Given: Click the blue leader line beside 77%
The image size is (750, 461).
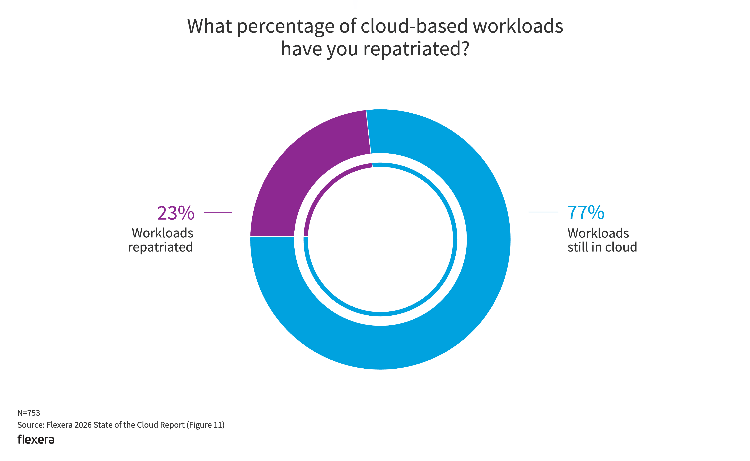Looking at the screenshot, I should (543, 212).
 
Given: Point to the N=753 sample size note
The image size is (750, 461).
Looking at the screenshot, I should (29, 413).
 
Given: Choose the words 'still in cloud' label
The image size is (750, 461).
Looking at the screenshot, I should (602, 247).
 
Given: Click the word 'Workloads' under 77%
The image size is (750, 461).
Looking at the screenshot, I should (598, 233).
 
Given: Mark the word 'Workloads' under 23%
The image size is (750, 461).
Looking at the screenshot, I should (163, 233).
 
